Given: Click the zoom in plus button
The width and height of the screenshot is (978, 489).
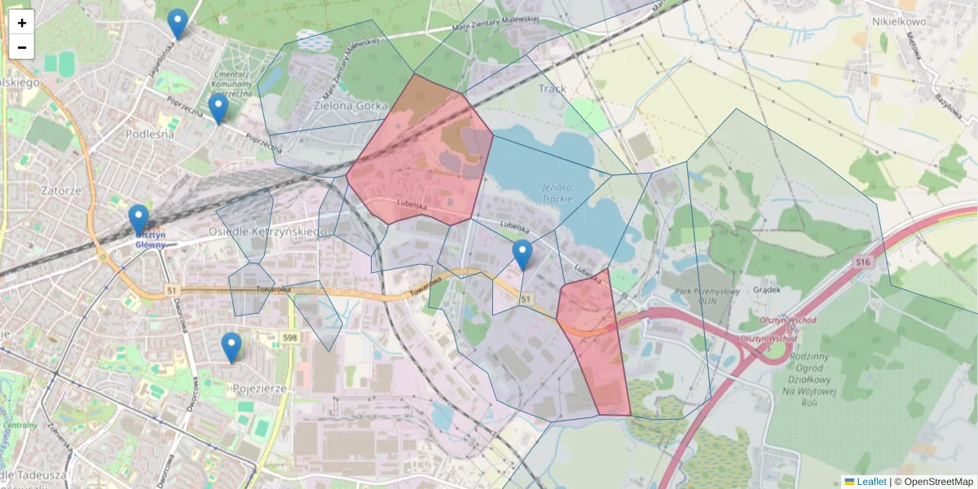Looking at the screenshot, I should (22, 23).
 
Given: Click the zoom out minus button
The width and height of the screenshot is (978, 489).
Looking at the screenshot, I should (22, 47).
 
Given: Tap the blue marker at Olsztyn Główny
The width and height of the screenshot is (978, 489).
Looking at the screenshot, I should (139, 218).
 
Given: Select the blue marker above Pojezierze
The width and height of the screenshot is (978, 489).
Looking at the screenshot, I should (231, 346).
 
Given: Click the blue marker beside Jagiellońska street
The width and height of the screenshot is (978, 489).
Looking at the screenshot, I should (177, 23).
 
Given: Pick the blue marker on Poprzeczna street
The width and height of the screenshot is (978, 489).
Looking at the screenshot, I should (218, 108).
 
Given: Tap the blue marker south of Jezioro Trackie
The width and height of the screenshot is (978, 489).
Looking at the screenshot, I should (522, 253).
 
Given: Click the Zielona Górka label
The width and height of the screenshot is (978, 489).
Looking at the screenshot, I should (351, 106).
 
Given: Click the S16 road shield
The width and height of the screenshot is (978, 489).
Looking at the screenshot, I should (865, 262).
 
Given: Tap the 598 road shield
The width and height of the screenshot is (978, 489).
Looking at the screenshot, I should (290, 337).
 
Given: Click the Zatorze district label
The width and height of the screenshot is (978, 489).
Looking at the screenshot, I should (59, 191).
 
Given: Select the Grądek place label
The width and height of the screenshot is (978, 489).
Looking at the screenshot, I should (768, 289).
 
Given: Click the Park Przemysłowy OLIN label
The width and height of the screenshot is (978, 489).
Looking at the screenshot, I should (694, 294).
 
